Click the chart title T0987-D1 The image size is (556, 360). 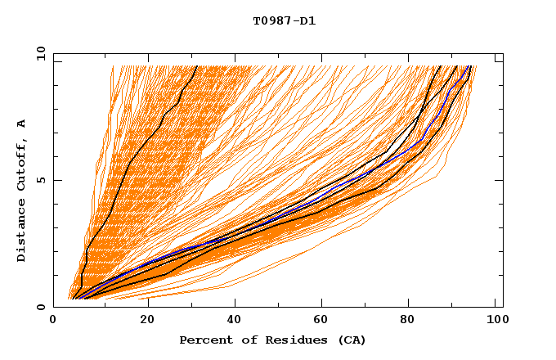pos(284,21)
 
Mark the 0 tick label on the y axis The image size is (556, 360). pos(41,307)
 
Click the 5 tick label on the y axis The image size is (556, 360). pos(41,180)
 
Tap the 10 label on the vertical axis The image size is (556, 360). pos(38,53)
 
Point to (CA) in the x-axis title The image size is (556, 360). pos(349,340)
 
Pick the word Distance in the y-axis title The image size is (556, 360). pos(22,232)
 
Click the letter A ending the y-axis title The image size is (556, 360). pos(22,124)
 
